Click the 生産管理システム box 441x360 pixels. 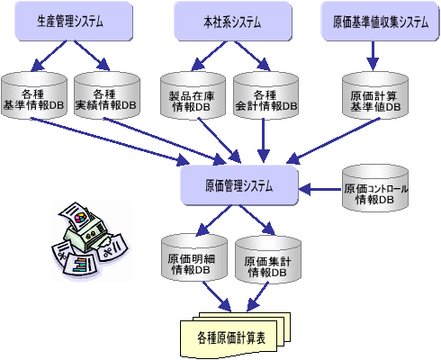click(x=74, y=21)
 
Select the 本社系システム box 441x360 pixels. click(x=233, y=21)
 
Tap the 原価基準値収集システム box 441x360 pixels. click(x=380, y=21)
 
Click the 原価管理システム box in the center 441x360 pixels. click(x=239, y=185)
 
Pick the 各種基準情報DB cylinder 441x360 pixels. click(x=34, y=95)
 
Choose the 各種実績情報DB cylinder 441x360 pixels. click(x=107, y=95)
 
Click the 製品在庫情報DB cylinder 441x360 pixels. click(x=193, y=95)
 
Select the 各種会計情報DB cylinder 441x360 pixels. click(x=265, y=95)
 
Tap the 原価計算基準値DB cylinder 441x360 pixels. click(x=375, y=95)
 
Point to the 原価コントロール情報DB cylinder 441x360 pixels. click(x=375, y=188)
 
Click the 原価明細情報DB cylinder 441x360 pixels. click(x=194, y=257)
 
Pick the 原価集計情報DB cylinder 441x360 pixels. click(x=268, y=260)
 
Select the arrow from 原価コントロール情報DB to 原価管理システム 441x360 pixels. click(x=320, y=190)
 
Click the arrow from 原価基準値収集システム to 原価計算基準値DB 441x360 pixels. click(x=373, y=56)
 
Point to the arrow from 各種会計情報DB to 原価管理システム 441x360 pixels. click(x=264, y=140)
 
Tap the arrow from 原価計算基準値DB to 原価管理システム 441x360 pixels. click(x=334, y=140)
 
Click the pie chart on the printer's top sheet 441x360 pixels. click(x=80, y=218)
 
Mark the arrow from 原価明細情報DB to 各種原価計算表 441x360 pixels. click(x=217, y=297)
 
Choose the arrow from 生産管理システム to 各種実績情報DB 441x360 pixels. click(x=92, y=56)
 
